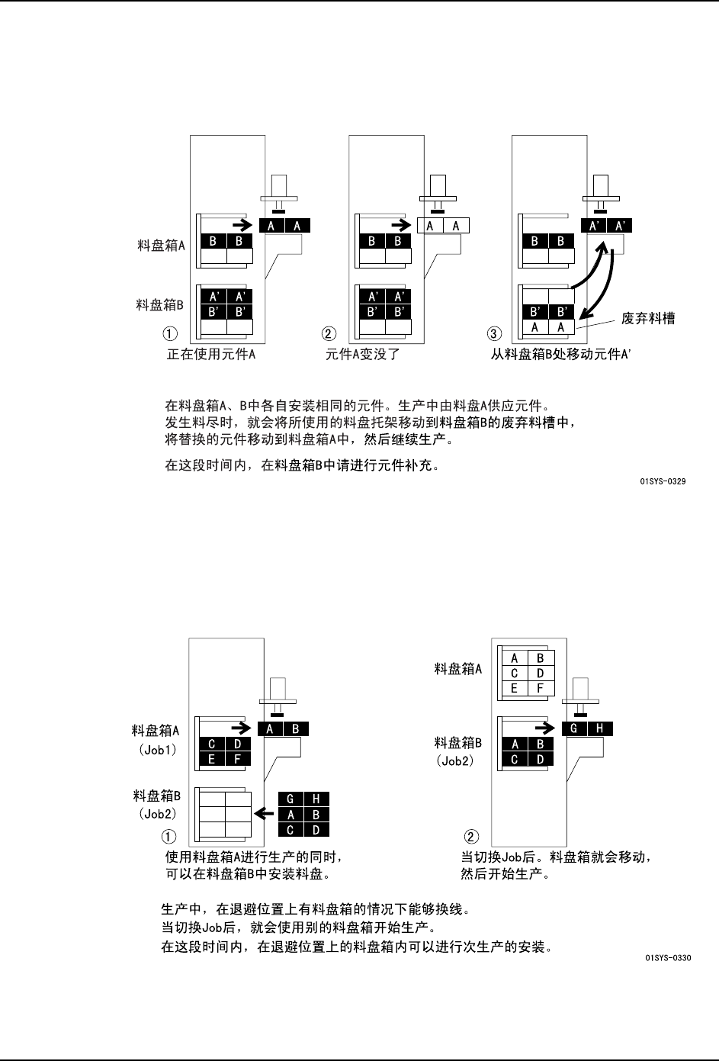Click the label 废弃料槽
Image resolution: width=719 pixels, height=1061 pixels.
coord(648,318)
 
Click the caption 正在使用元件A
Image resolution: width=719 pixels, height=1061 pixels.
coord(211,354)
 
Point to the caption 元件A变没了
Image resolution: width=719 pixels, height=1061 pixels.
coord(363,354)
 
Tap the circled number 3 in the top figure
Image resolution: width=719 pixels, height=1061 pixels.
coord(493,333)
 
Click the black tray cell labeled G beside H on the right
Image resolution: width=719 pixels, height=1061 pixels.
coord(573,728)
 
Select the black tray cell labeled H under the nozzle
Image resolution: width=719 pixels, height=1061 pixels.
coord(600,728)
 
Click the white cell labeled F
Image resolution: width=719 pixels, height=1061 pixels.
coord(540,689)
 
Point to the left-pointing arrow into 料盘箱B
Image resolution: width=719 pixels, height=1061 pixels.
coord(264,814)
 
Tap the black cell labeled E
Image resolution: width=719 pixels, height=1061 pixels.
coord(211,758)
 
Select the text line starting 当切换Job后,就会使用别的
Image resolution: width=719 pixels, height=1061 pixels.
coord(297,928)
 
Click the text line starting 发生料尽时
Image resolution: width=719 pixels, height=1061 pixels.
coord(370,422)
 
